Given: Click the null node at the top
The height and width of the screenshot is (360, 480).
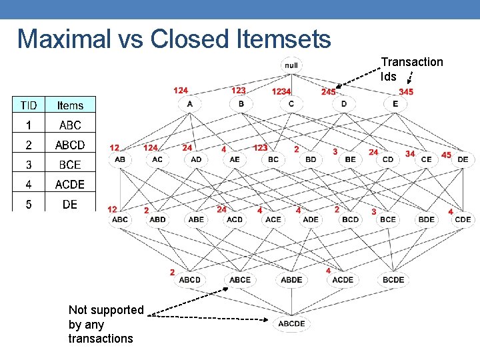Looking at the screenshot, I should coord(291,65).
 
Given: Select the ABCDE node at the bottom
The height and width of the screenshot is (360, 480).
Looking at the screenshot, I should coord(291,323).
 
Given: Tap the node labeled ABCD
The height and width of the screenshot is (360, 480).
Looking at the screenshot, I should coord(189,279).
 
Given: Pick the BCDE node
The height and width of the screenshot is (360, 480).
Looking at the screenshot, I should coord(393,279).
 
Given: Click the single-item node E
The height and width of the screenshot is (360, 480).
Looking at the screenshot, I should coord(395,104).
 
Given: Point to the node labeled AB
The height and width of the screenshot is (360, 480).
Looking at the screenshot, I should coord(120,159).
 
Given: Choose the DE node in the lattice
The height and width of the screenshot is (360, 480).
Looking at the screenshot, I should coord(462,159).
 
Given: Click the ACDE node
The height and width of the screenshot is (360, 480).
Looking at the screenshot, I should coord(342,279).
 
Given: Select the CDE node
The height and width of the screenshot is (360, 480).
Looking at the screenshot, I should coord(462,219).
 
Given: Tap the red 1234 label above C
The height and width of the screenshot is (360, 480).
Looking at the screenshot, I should coord(281,91).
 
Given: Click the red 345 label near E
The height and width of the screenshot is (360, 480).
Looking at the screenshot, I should coord(405,91).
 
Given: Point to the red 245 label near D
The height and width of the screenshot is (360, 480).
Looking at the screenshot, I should coord(329,91).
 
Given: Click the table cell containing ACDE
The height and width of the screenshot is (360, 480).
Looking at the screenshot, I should coord(70,184).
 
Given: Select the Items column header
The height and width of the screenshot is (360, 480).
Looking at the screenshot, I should coord(70,105).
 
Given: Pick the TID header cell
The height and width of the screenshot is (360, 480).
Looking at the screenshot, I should coord(29,105).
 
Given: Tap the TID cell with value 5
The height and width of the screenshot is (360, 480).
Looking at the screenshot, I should coord(29,204).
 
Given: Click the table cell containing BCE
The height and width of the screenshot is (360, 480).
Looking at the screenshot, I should coord(70,164).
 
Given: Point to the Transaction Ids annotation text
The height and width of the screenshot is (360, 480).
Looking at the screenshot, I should coord(411,69).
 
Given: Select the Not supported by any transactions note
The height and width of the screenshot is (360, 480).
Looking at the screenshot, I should coord(105,324).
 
